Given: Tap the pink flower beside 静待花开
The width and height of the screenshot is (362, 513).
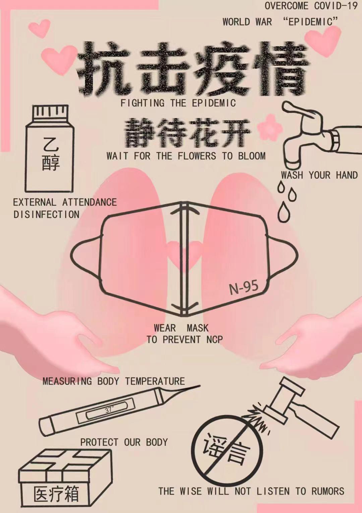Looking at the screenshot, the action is pos(269,128).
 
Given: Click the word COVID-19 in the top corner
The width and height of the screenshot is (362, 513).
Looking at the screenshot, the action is pos(336,6).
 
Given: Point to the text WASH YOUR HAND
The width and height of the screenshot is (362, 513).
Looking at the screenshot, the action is pos(319,175).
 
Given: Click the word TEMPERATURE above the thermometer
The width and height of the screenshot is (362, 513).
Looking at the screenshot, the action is pos(155,381).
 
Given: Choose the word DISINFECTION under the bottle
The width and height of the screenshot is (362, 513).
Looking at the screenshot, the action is pos(46,214).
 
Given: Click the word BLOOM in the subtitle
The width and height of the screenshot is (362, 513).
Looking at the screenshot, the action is pos(252,156).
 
